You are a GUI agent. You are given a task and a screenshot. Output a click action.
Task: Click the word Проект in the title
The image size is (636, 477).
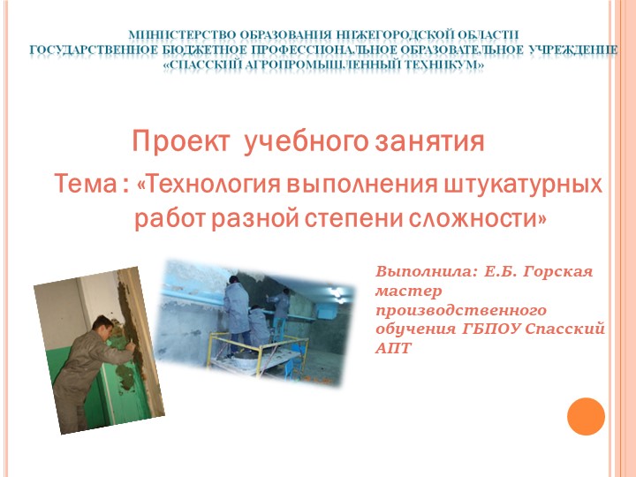[x=182, y=140]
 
